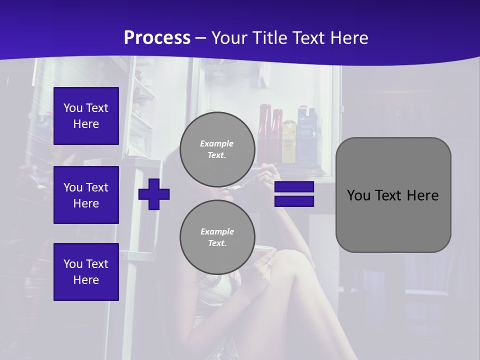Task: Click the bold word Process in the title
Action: click(157, 37)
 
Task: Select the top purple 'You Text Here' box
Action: click(86, 116)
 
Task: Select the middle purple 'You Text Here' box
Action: click(86, 195)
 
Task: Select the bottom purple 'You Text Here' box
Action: click(86, 271)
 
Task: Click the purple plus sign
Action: click(154, 194)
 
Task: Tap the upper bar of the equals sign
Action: click(294, 187)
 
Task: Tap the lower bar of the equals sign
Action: click(294, 201)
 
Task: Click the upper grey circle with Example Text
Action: click(217, 149)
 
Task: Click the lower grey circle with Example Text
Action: click(217, 237)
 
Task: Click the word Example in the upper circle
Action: click(217, 143)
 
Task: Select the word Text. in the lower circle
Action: click(217, 243)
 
